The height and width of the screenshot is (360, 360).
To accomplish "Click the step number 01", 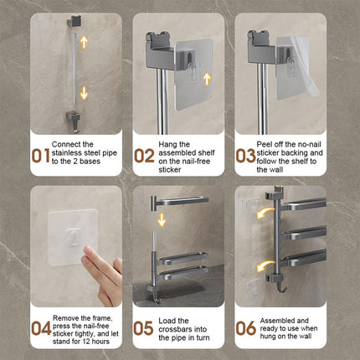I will (41, 156).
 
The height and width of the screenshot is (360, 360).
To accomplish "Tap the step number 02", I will (144, 156).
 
